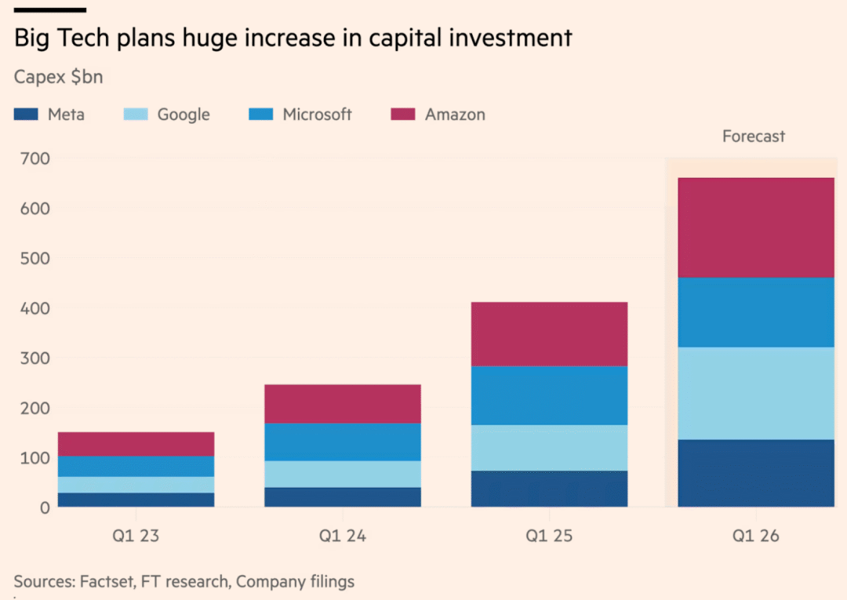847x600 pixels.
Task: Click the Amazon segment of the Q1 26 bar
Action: (x=755, y=227)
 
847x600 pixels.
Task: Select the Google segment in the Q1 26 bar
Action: (x=755, y=393)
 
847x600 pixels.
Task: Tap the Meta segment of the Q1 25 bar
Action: (x=549, y=489)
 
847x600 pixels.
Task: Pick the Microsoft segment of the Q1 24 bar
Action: (x=343, y=442)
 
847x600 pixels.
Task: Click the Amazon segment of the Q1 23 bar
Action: (x=136, y=444)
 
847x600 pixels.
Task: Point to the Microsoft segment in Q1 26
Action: (x=755, y=312)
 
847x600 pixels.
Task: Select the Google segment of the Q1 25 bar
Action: (x=549, y=448)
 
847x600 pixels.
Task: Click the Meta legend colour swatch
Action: (x=26, y=115)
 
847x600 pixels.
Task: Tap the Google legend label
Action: (x=184, y=115)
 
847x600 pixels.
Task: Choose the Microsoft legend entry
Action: (x=317, y=115)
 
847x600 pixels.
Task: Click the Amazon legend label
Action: (x=455, y=115)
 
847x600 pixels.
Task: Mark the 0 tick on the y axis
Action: (x=44, y=507)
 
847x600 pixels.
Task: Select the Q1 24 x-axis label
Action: (x=343, y=537)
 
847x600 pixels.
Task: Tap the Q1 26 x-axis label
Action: (x=755, y=537)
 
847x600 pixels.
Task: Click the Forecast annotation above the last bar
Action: (x=753, y=136)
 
